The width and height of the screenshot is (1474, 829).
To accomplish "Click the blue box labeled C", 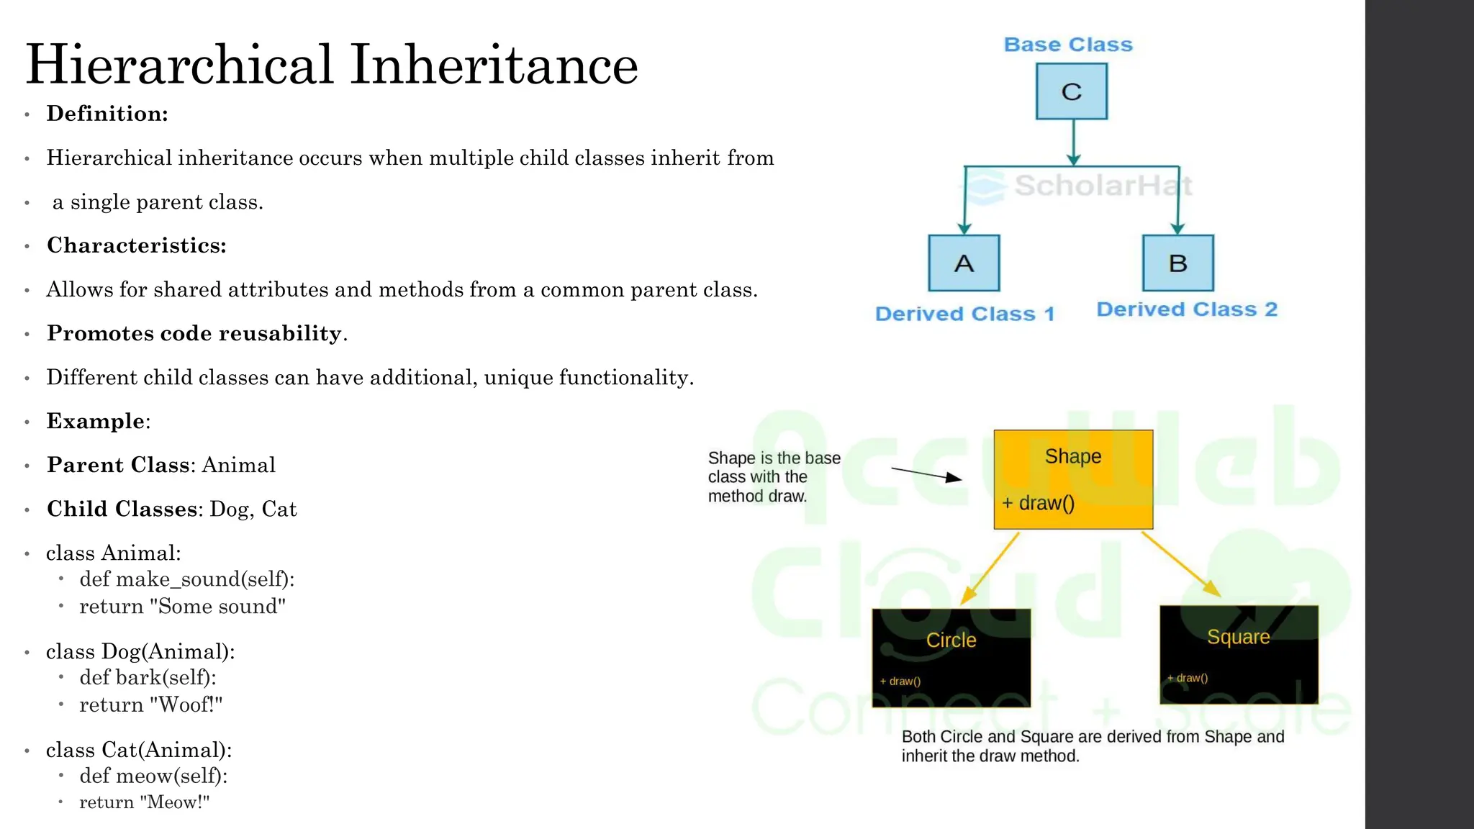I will point(1071,91).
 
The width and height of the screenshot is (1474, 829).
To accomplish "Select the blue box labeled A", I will point(964,263).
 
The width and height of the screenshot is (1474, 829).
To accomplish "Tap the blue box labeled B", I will point(1177,263).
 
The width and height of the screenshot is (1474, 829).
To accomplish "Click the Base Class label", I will point(1068,45).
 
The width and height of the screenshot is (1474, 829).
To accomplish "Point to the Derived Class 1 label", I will point(964,314).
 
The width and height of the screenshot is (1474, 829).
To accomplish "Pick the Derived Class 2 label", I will point(1187,309).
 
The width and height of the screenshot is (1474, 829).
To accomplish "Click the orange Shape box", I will point(1073,479).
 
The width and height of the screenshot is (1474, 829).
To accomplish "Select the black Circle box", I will point(951,658).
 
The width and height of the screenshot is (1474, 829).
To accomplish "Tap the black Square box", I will point(1239,655).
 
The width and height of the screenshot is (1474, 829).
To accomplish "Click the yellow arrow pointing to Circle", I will point(990,568).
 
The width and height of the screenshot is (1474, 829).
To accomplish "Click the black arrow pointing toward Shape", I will point(926,474).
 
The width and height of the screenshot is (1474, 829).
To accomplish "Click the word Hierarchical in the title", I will point(180,65).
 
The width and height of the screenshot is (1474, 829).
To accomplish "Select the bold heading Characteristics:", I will point(137,246).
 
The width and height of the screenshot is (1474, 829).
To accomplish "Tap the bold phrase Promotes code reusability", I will point(194,334).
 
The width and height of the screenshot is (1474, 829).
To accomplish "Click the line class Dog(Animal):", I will point(140,652).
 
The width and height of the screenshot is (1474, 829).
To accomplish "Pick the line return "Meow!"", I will point(144,802).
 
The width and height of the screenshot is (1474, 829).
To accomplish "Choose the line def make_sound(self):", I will point(187,579).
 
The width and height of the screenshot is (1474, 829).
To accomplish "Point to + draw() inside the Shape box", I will point(1039,503).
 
